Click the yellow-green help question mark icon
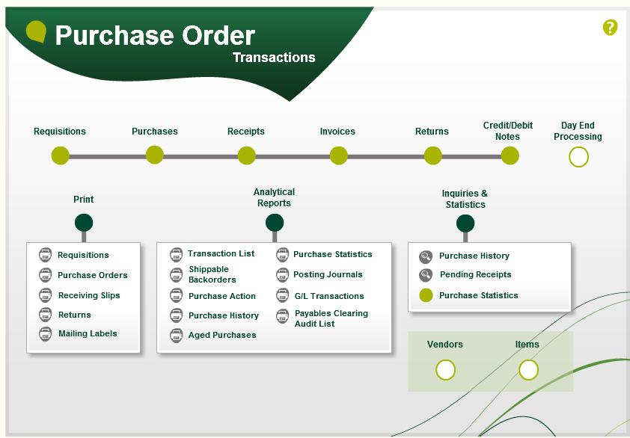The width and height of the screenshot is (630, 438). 610,28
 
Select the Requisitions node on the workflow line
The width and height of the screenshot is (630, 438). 61,155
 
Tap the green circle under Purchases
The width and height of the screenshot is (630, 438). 155,155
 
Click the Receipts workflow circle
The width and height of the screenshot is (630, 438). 247,155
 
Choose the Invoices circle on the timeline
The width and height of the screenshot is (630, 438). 339,155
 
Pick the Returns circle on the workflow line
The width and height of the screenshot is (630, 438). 433,155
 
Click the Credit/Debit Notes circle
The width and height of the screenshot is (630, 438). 510,155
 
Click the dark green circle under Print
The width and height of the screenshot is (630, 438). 84,223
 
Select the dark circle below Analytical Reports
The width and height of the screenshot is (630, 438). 275,223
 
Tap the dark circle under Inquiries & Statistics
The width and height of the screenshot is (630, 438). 465,223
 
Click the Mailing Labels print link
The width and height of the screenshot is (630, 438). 88,333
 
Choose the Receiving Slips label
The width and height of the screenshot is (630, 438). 89,295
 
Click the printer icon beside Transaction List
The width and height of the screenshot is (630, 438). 176,255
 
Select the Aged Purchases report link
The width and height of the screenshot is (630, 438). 222,335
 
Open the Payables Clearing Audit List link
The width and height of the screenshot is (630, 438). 331,318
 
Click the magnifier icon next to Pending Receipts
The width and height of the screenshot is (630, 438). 426,275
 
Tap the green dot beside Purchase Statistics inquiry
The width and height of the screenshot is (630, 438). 426,295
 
